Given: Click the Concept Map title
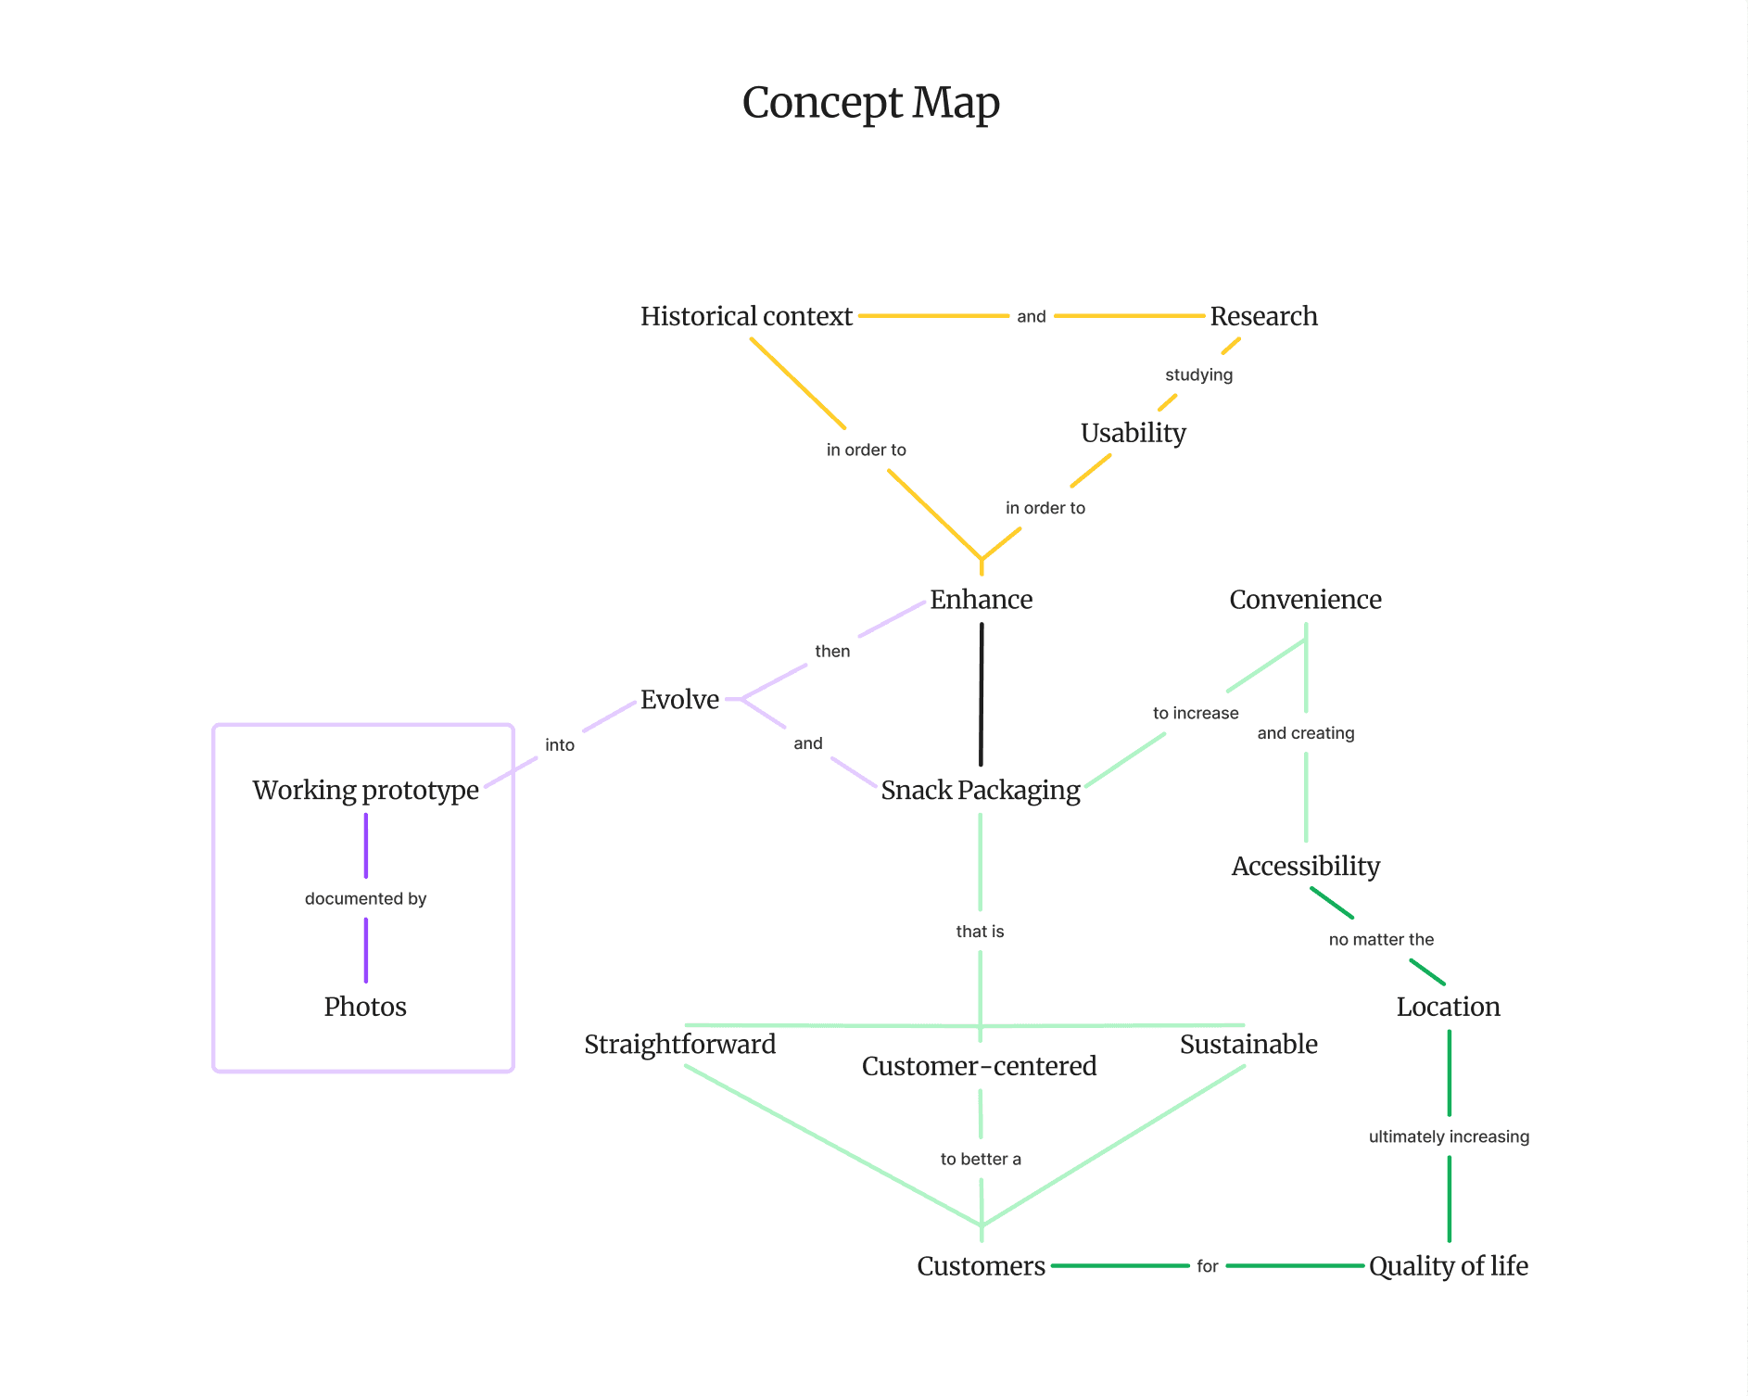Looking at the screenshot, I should [x=870, y=103].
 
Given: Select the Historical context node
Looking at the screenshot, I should [x=746, y=317].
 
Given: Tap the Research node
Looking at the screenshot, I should [x=1263, y=317].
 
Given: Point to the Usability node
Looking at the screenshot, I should [x=1133, y=433].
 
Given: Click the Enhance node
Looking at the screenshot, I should [x=981, y=600].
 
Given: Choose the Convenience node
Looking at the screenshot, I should [x=1305, y=600].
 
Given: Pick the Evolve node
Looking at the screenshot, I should [x=679, y=700].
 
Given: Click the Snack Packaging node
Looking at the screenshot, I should [x=981, y=791].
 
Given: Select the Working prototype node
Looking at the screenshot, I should [x=365, y=791].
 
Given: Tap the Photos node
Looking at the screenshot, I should [x=365, y=1007].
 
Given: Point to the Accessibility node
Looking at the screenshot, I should [x=1305, y=867].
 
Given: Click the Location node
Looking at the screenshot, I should [x=1448, y=1007].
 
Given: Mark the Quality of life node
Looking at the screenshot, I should [x=1448, y=1266].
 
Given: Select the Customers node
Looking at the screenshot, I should [x=981, y=1266].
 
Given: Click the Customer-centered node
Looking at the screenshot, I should [x=979, y=1066].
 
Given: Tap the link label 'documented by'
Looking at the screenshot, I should [x=365, y=898].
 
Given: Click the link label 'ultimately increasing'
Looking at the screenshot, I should [x=1449, y=1136].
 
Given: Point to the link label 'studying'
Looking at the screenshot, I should [x=1198, y=374].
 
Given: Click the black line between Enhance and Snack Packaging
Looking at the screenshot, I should [x=981, y=695].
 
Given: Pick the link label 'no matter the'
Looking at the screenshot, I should [x=1381, y=939].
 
